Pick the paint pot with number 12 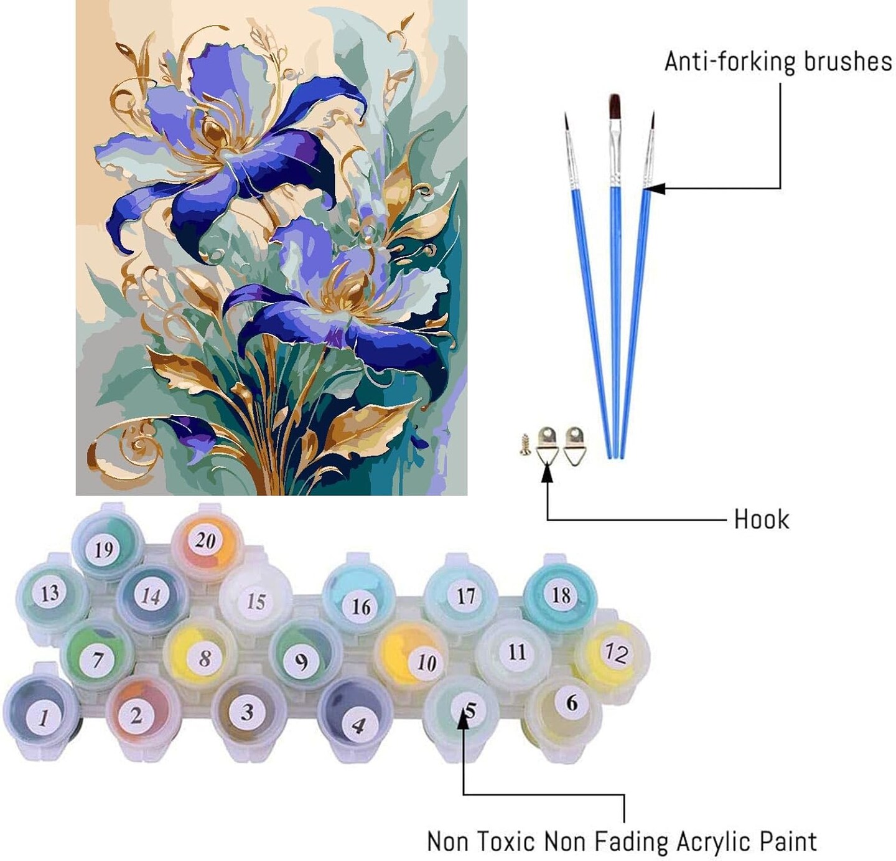tap(612, 654)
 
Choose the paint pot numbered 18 tap(560, 595)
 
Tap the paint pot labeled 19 tap(108, 543)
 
